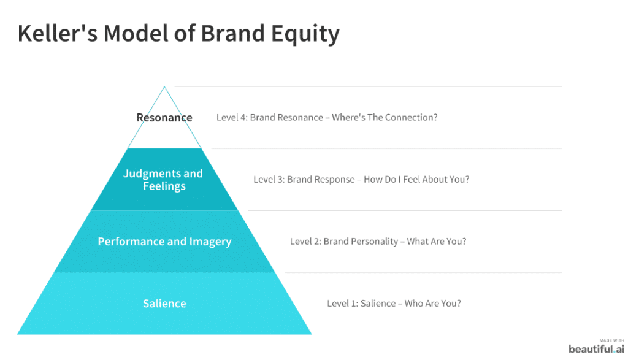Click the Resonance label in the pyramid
(x=164, y=118)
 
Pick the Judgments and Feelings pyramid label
(x=163, y=180)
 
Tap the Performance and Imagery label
(x=164, y=242)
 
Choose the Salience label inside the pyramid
(x=164, y=304)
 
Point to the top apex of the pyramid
(x=164, y=88)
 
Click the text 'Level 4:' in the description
(x=232, y=118)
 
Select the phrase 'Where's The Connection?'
(x=385, y=118)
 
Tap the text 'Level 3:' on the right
(x=269, y=180)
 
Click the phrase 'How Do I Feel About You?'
(x=416, y=180)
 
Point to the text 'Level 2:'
(x=305, y=242)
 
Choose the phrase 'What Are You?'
(x=436, y=242)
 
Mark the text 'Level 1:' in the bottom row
(x=342, y=304)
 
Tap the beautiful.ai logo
(x=595, y=349)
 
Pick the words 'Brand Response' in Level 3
(x=321, y=180)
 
